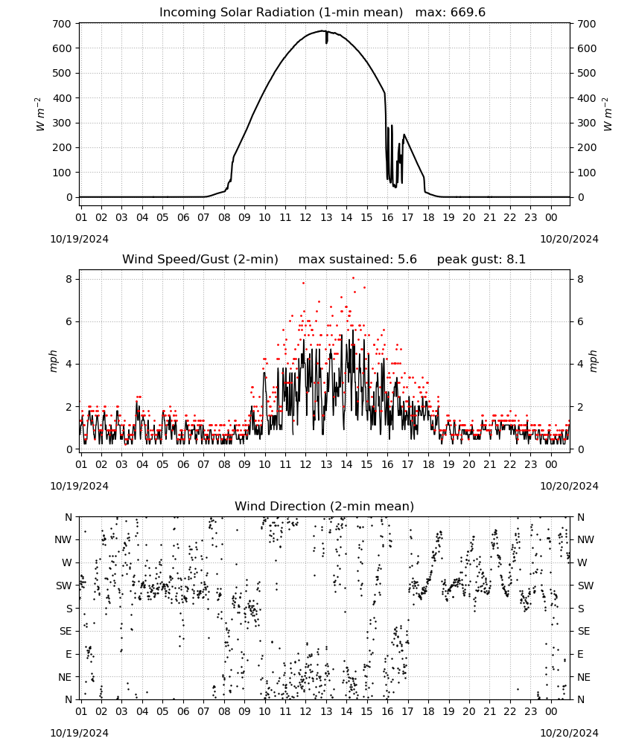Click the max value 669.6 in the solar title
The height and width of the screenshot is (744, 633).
[x=468, y=12]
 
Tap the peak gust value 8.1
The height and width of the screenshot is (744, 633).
[x=516, y=259]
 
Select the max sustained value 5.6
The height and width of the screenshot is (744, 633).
[x=407, y=259]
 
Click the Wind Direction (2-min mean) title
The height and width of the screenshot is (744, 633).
[x=325, y=506]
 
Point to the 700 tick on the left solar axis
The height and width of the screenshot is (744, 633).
[x=62, y=24]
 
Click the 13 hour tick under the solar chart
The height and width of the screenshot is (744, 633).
[x=326, y=217]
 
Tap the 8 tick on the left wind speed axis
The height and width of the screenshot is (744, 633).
[x=69, y=279]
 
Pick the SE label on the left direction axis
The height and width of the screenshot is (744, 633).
[x=66, y=631]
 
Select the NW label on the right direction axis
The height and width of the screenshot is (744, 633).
[x=585, y=539]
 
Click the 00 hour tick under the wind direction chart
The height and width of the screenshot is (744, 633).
[x=551, y=711]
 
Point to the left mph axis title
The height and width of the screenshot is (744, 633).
[x=54, y=361]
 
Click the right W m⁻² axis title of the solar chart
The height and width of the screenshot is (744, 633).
[x=608, y=114]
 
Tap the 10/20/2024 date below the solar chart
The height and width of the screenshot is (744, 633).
[x=569, y=239]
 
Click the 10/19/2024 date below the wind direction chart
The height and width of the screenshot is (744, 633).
[x=79, y=733]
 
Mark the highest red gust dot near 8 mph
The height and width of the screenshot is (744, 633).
[x=353, y=278]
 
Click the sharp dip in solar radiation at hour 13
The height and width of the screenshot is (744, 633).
[x=326, y=38]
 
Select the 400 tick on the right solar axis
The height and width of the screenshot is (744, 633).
[x=587, y=98]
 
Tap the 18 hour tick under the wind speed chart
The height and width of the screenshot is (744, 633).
[x=428, y=464]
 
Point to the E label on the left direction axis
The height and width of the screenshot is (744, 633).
[x=69, y=654]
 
